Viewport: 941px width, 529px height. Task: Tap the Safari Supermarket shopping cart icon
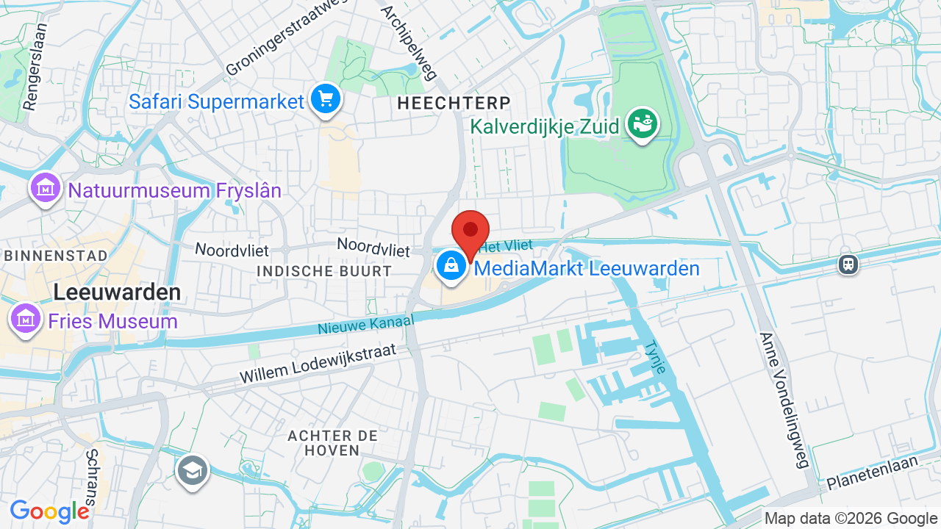[325, 99]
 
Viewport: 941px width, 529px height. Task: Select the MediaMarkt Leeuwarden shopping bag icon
[451, 267]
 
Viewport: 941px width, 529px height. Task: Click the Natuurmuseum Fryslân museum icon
[46, 188]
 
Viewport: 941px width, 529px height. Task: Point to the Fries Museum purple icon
[26, 320]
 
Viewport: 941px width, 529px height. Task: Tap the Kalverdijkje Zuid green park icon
[642, 125]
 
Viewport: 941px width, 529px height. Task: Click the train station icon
[848, 264]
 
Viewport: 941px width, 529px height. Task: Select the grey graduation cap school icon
[192, 470]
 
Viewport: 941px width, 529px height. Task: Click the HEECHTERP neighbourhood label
[454, 104]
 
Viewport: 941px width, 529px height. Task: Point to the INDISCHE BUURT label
[324, 271]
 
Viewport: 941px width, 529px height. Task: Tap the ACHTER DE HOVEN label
[333, 443]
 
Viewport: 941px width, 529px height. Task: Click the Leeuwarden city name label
[117, 292]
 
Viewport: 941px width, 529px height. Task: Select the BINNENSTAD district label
[55, 256]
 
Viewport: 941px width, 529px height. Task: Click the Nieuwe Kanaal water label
[366, 324]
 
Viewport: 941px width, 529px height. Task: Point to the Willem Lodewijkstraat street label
[318, 364]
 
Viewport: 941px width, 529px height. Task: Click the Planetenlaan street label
[873, 473]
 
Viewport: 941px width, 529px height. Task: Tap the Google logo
[50, 512]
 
